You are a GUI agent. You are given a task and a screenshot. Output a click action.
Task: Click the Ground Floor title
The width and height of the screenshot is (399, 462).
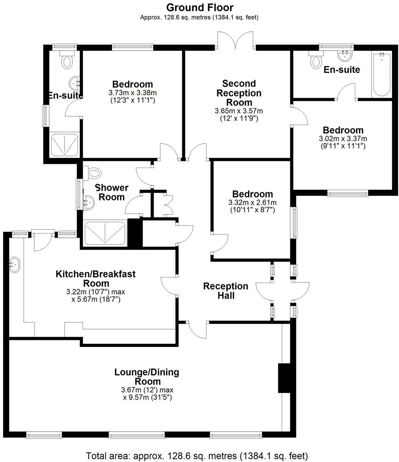tap(199, 7)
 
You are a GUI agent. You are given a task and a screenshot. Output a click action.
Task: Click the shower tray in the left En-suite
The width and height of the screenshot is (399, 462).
tap(65, 144)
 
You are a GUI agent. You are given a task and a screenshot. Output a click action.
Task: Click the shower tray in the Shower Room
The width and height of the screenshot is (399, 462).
tap(105, 234)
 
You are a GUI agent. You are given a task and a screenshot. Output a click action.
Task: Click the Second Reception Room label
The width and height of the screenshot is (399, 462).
tap(239, 92)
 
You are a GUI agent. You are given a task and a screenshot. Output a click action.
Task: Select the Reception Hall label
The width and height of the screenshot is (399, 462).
tap(226, 291)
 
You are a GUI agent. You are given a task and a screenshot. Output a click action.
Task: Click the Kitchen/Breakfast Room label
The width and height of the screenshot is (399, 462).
tap(95, 278)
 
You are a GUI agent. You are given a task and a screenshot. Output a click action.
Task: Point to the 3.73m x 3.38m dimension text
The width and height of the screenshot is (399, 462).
tap(132, 92)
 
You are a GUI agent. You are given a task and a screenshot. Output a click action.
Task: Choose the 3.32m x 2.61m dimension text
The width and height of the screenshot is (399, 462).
tap(252, 202)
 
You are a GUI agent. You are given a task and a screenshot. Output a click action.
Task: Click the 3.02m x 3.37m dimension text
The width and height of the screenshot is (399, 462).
tap(343, 139)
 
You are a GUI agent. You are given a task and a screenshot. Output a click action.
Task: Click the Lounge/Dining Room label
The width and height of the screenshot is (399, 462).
tap(147, 376)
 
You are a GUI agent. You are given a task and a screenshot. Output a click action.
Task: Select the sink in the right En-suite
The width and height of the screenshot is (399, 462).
tap(345, 56)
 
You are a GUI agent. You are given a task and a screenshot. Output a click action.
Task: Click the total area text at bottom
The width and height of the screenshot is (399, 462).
tap(197, 456)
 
